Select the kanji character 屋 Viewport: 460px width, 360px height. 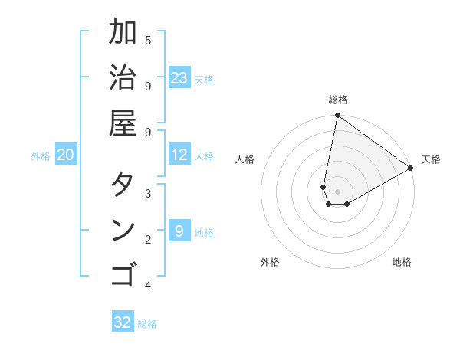point(123,123)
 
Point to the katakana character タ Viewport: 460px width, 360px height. point(123,185)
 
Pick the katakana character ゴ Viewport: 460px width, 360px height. point(123,273)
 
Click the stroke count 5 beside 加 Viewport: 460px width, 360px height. point(148,40)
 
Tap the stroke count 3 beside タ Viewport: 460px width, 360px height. point(148,193)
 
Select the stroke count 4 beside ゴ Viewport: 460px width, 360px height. point(148,286)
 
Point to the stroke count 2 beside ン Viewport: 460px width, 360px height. point(148,240)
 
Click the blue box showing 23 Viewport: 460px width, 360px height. point(179,78)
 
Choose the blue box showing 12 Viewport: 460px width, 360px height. point(179,155)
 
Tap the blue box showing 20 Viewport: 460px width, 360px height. point(65,155)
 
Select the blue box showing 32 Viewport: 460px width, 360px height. point(123,322)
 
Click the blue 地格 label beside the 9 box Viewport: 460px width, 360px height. point(205,232)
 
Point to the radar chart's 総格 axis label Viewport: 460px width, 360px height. point(338,100)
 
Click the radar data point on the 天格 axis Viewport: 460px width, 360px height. point(411,169)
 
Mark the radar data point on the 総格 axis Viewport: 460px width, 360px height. point(337,116)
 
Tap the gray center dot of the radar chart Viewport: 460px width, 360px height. point(337,191)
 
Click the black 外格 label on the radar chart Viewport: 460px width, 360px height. point(270,262)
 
